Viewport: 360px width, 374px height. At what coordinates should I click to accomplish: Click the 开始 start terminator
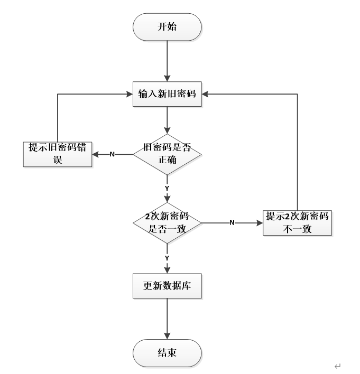coord(167,26)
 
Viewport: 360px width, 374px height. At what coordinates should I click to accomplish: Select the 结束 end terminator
coord(167,353)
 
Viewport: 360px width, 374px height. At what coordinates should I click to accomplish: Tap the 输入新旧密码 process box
coord(167,94)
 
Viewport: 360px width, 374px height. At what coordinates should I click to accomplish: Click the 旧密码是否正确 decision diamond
coord(167,155)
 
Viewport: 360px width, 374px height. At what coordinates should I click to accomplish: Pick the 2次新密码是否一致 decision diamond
coord(167,222)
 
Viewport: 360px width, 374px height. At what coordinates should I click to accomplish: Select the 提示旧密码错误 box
coord(58,154)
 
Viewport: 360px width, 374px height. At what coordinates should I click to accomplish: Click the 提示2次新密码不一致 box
coord(297,222)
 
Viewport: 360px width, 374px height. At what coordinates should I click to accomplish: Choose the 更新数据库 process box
coord(167,288)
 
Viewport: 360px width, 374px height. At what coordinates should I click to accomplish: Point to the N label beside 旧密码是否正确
coord(112,155)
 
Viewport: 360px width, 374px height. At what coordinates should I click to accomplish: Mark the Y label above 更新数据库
coord(167,257)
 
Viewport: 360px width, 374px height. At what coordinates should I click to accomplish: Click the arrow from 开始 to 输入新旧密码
coord(167,61)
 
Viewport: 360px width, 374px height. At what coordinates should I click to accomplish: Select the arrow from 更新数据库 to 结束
coord(167,320)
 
